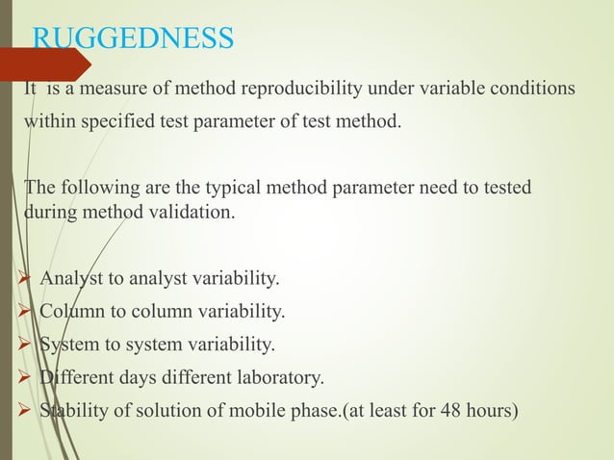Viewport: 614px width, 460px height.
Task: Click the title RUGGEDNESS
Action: (133, 39)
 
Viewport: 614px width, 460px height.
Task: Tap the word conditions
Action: (526, 89)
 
